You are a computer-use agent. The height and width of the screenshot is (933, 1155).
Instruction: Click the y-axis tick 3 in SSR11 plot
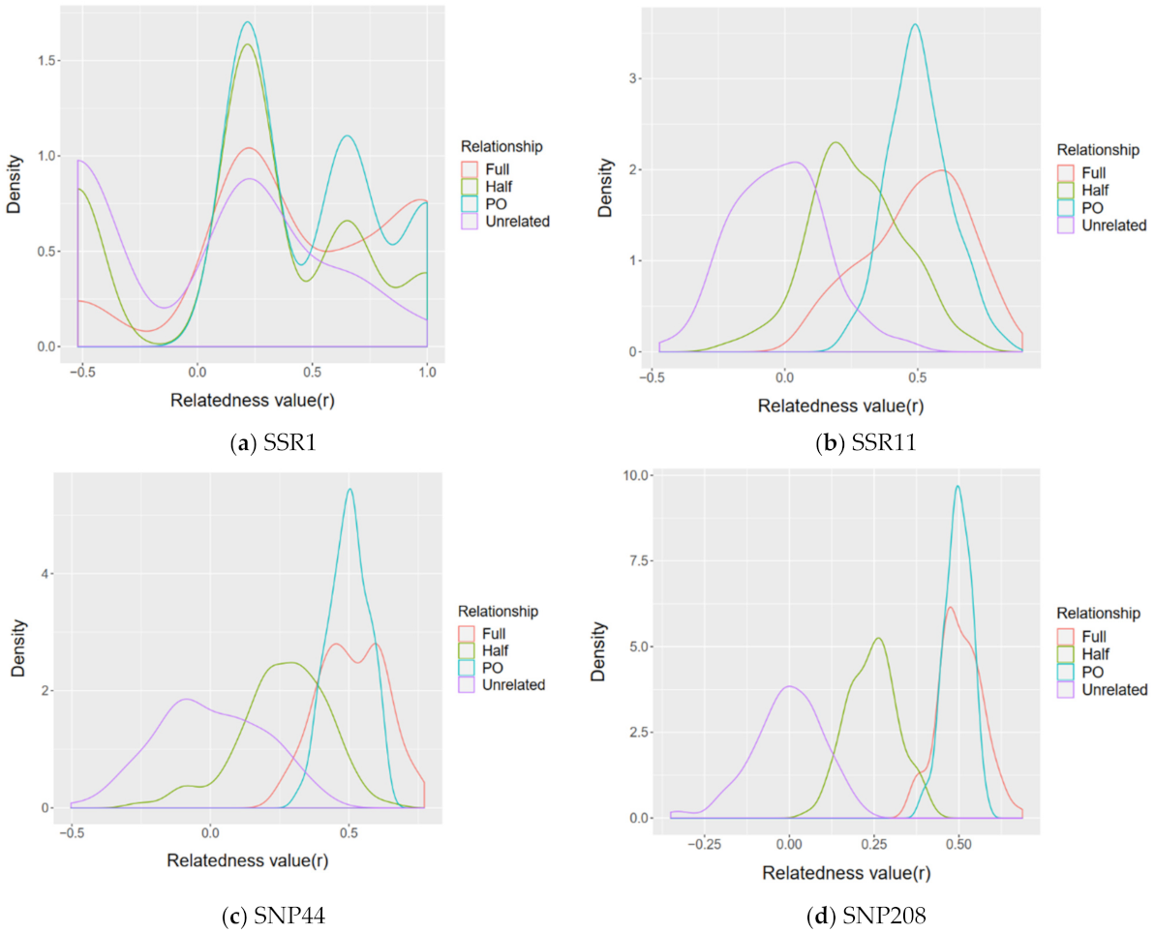tap(634, 78)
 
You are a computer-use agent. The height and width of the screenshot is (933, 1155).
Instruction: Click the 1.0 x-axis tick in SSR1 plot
tap(426, 370)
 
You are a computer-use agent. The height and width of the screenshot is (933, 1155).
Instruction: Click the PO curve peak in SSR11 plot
tap(915, 25)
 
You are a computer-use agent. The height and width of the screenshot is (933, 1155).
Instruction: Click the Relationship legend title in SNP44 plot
tap(498, 612)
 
